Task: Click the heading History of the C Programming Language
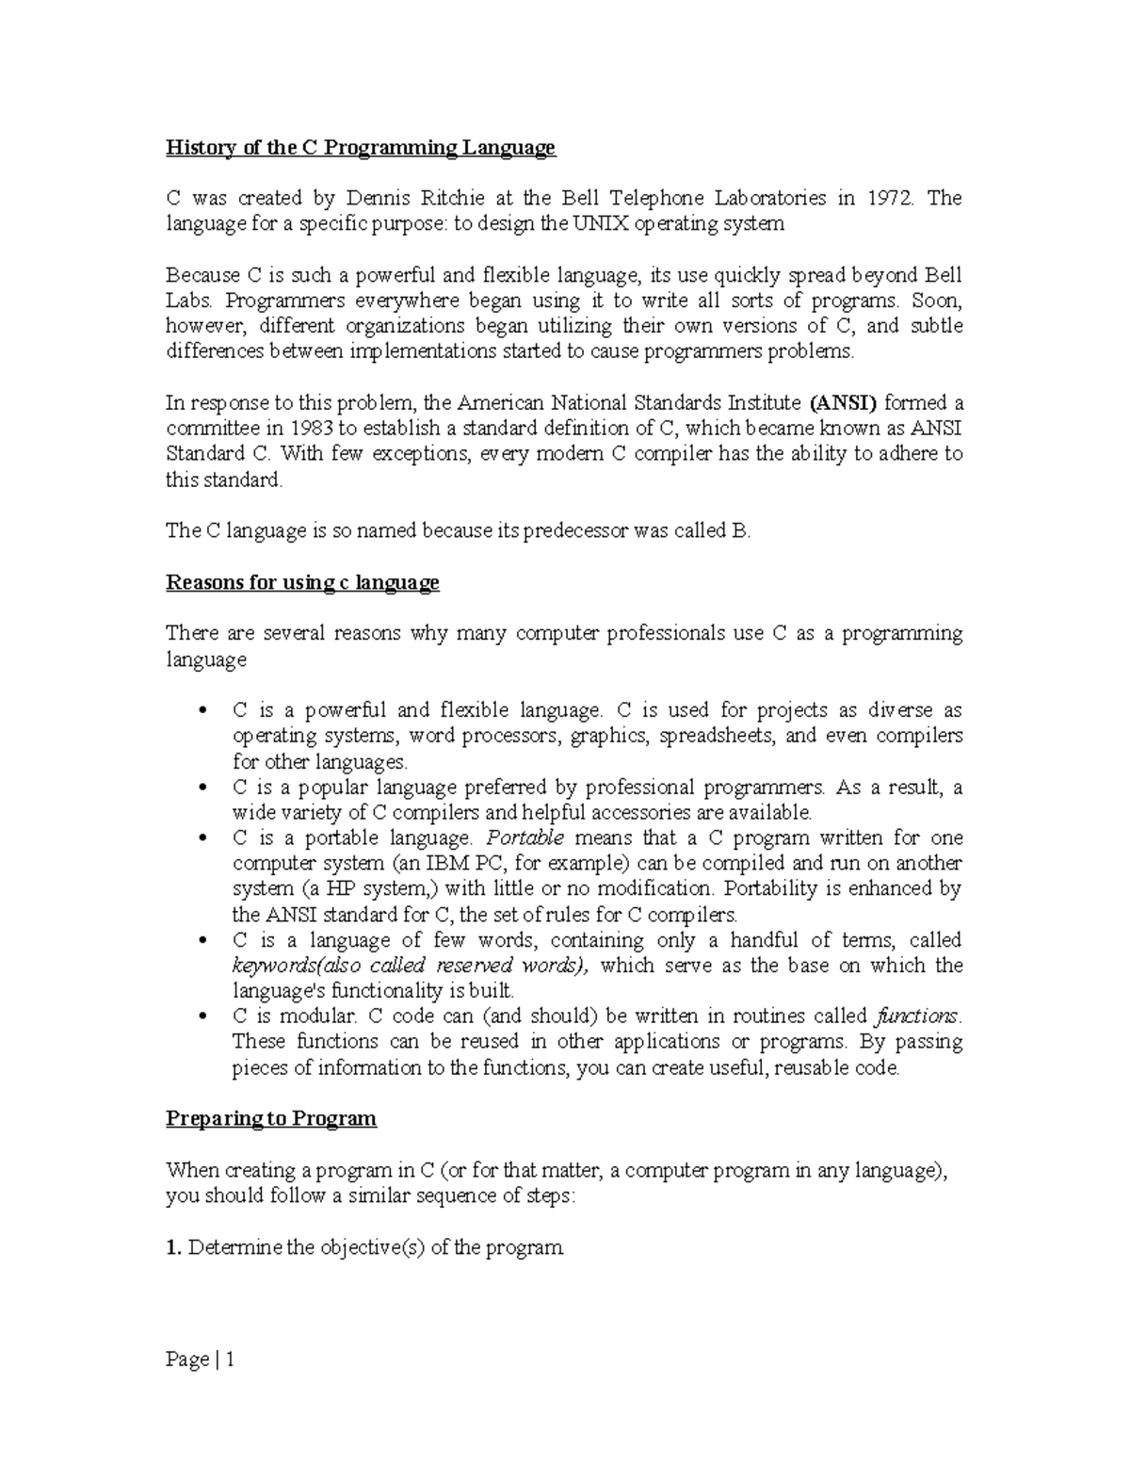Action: click(x=361, y=148)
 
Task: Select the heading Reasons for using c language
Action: click(x=302, y=582)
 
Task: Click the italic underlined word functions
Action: click(x=917, y=1016)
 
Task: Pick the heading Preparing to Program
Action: click(x=271, y=1118)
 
